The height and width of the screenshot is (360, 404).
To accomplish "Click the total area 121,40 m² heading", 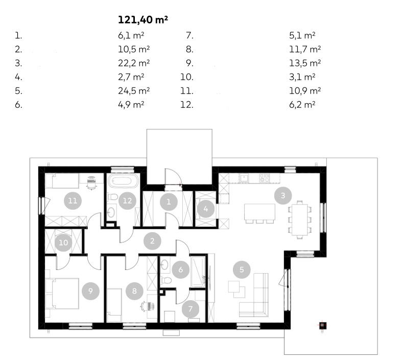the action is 143,20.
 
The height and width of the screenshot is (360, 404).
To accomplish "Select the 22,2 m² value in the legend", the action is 134,63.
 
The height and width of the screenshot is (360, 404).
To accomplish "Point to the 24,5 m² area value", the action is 134,91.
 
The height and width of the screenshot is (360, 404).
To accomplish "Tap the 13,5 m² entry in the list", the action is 305,63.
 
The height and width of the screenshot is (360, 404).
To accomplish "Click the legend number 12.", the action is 187,105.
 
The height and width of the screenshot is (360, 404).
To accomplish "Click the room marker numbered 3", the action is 283,195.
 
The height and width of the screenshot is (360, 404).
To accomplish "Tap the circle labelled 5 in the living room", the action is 242,269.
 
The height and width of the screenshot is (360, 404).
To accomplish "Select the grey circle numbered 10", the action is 63,242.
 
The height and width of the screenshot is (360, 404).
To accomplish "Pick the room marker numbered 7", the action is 191,309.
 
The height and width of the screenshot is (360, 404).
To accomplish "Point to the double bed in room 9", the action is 62,294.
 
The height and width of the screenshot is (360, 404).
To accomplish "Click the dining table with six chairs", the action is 300,220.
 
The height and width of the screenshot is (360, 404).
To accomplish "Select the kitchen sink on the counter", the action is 244,178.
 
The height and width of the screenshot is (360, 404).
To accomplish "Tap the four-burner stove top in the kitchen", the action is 265,178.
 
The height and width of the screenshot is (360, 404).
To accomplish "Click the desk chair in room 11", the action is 91,183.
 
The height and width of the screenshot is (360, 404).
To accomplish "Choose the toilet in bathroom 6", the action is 166,280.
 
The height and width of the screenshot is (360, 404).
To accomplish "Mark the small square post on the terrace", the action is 323,325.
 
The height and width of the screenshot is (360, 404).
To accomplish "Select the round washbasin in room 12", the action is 111,212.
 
